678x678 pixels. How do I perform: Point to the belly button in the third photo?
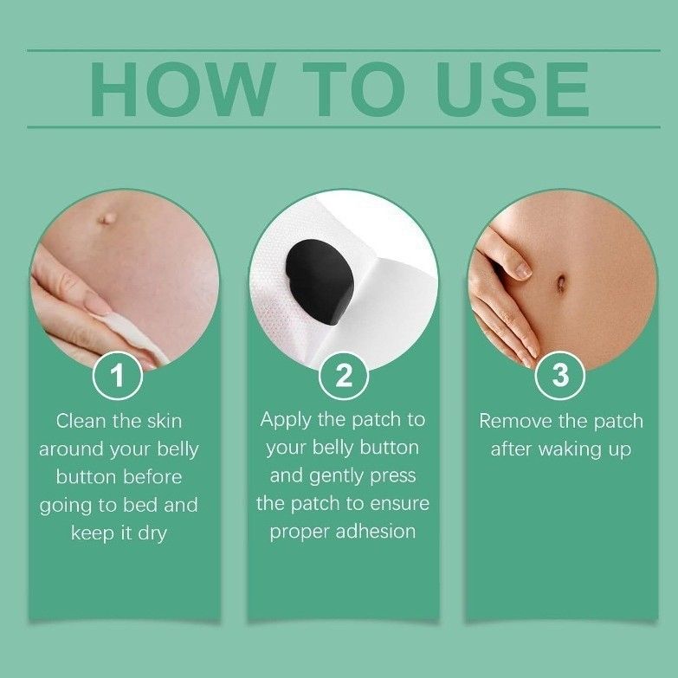tap(561, 283)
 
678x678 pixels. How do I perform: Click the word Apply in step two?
tap(285, 420)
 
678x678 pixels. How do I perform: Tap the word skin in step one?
tap(162, 421)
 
